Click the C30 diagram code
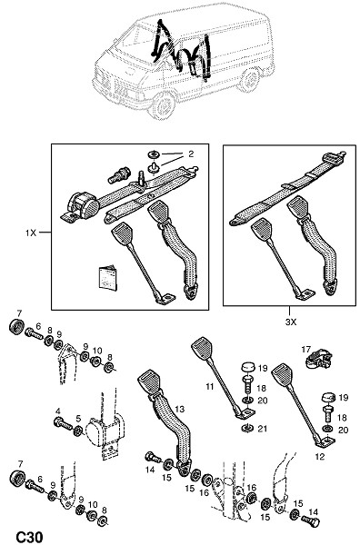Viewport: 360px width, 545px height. [30, 537]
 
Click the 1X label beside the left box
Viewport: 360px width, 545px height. [31, 233]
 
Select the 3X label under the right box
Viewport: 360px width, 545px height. [291, 322]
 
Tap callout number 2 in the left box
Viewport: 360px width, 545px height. [191, 154]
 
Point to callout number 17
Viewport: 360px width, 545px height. [305, 349]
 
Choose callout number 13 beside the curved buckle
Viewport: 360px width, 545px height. [179, 410]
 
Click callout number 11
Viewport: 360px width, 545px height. [209, 386]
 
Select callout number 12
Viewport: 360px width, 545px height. [320, 456]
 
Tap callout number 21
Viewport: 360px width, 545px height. [263, 429]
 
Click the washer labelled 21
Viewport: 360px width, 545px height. [246, 428]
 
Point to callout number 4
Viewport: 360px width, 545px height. [58, 411]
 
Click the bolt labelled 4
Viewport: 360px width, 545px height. [63, 423]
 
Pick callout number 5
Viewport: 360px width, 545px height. [78, 419]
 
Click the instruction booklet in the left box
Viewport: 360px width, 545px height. [107, 278]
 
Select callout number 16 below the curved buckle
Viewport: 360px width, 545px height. [204, 492]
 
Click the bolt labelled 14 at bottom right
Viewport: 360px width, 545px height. [310, 520]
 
